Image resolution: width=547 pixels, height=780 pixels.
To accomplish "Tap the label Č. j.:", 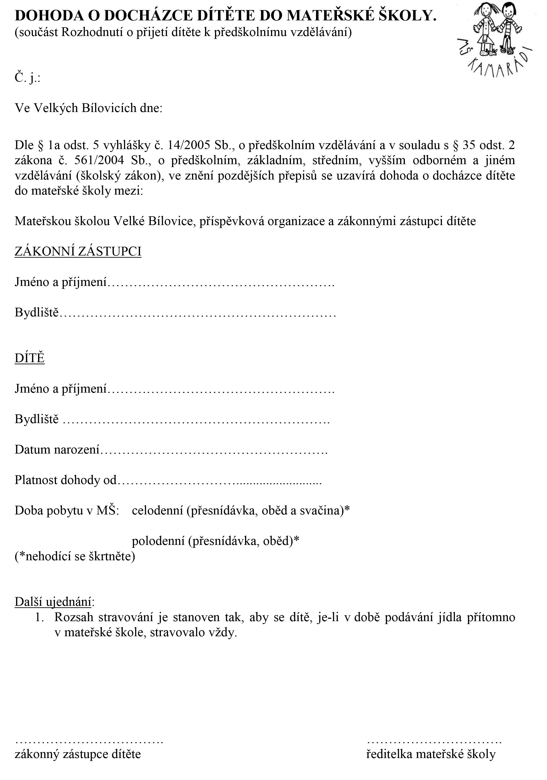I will pos(27,78).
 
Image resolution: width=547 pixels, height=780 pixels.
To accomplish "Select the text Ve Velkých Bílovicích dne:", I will pos(88,108).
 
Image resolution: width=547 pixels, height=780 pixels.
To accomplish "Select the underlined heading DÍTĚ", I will pos(30,358).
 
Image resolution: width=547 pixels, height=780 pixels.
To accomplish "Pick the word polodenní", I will pos(158,541).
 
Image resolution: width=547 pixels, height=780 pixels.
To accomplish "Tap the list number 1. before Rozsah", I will pos(40,617).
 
